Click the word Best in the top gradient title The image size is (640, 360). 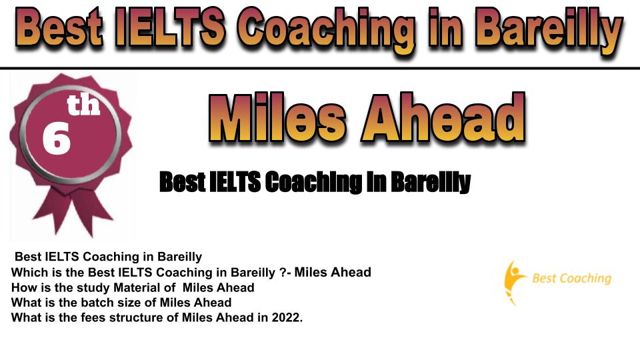(x=59, y=28)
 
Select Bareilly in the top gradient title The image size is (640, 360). (x=549, y=32)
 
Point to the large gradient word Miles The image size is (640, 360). (x=277, y=117)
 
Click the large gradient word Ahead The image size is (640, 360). (x=443, y=117)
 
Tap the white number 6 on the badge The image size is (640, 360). (x=56, y=139)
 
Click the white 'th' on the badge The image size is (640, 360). (x=83, y=105)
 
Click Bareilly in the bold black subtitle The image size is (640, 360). (x=430, y=183)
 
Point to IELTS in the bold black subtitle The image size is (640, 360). (x=235, y=182)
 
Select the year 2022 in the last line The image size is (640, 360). (x=286, y=317)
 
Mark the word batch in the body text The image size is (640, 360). (x=95, y=303)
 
